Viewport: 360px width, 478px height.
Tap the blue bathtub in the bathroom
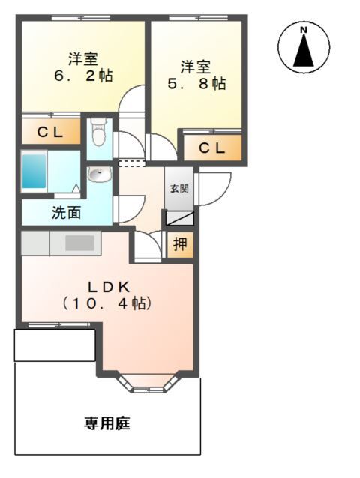34,171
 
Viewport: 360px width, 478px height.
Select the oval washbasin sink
100,175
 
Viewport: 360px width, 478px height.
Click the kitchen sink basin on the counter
79,243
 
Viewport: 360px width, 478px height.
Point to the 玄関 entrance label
179,189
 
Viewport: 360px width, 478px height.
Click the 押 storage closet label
180,244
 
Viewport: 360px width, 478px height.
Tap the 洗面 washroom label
66,212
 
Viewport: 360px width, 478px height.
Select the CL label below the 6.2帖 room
50,133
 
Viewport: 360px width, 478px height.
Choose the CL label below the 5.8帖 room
212,148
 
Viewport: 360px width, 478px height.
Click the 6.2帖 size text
83,76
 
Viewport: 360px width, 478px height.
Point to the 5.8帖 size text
197,83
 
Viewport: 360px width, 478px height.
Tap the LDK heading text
109,287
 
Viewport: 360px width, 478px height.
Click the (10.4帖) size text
106,303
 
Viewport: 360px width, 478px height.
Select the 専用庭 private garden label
107,423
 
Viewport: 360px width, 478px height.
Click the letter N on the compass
303,30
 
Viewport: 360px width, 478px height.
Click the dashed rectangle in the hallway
132,163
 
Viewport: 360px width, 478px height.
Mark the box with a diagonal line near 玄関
179,218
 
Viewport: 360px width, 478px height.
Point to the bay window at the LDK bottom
148,382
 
